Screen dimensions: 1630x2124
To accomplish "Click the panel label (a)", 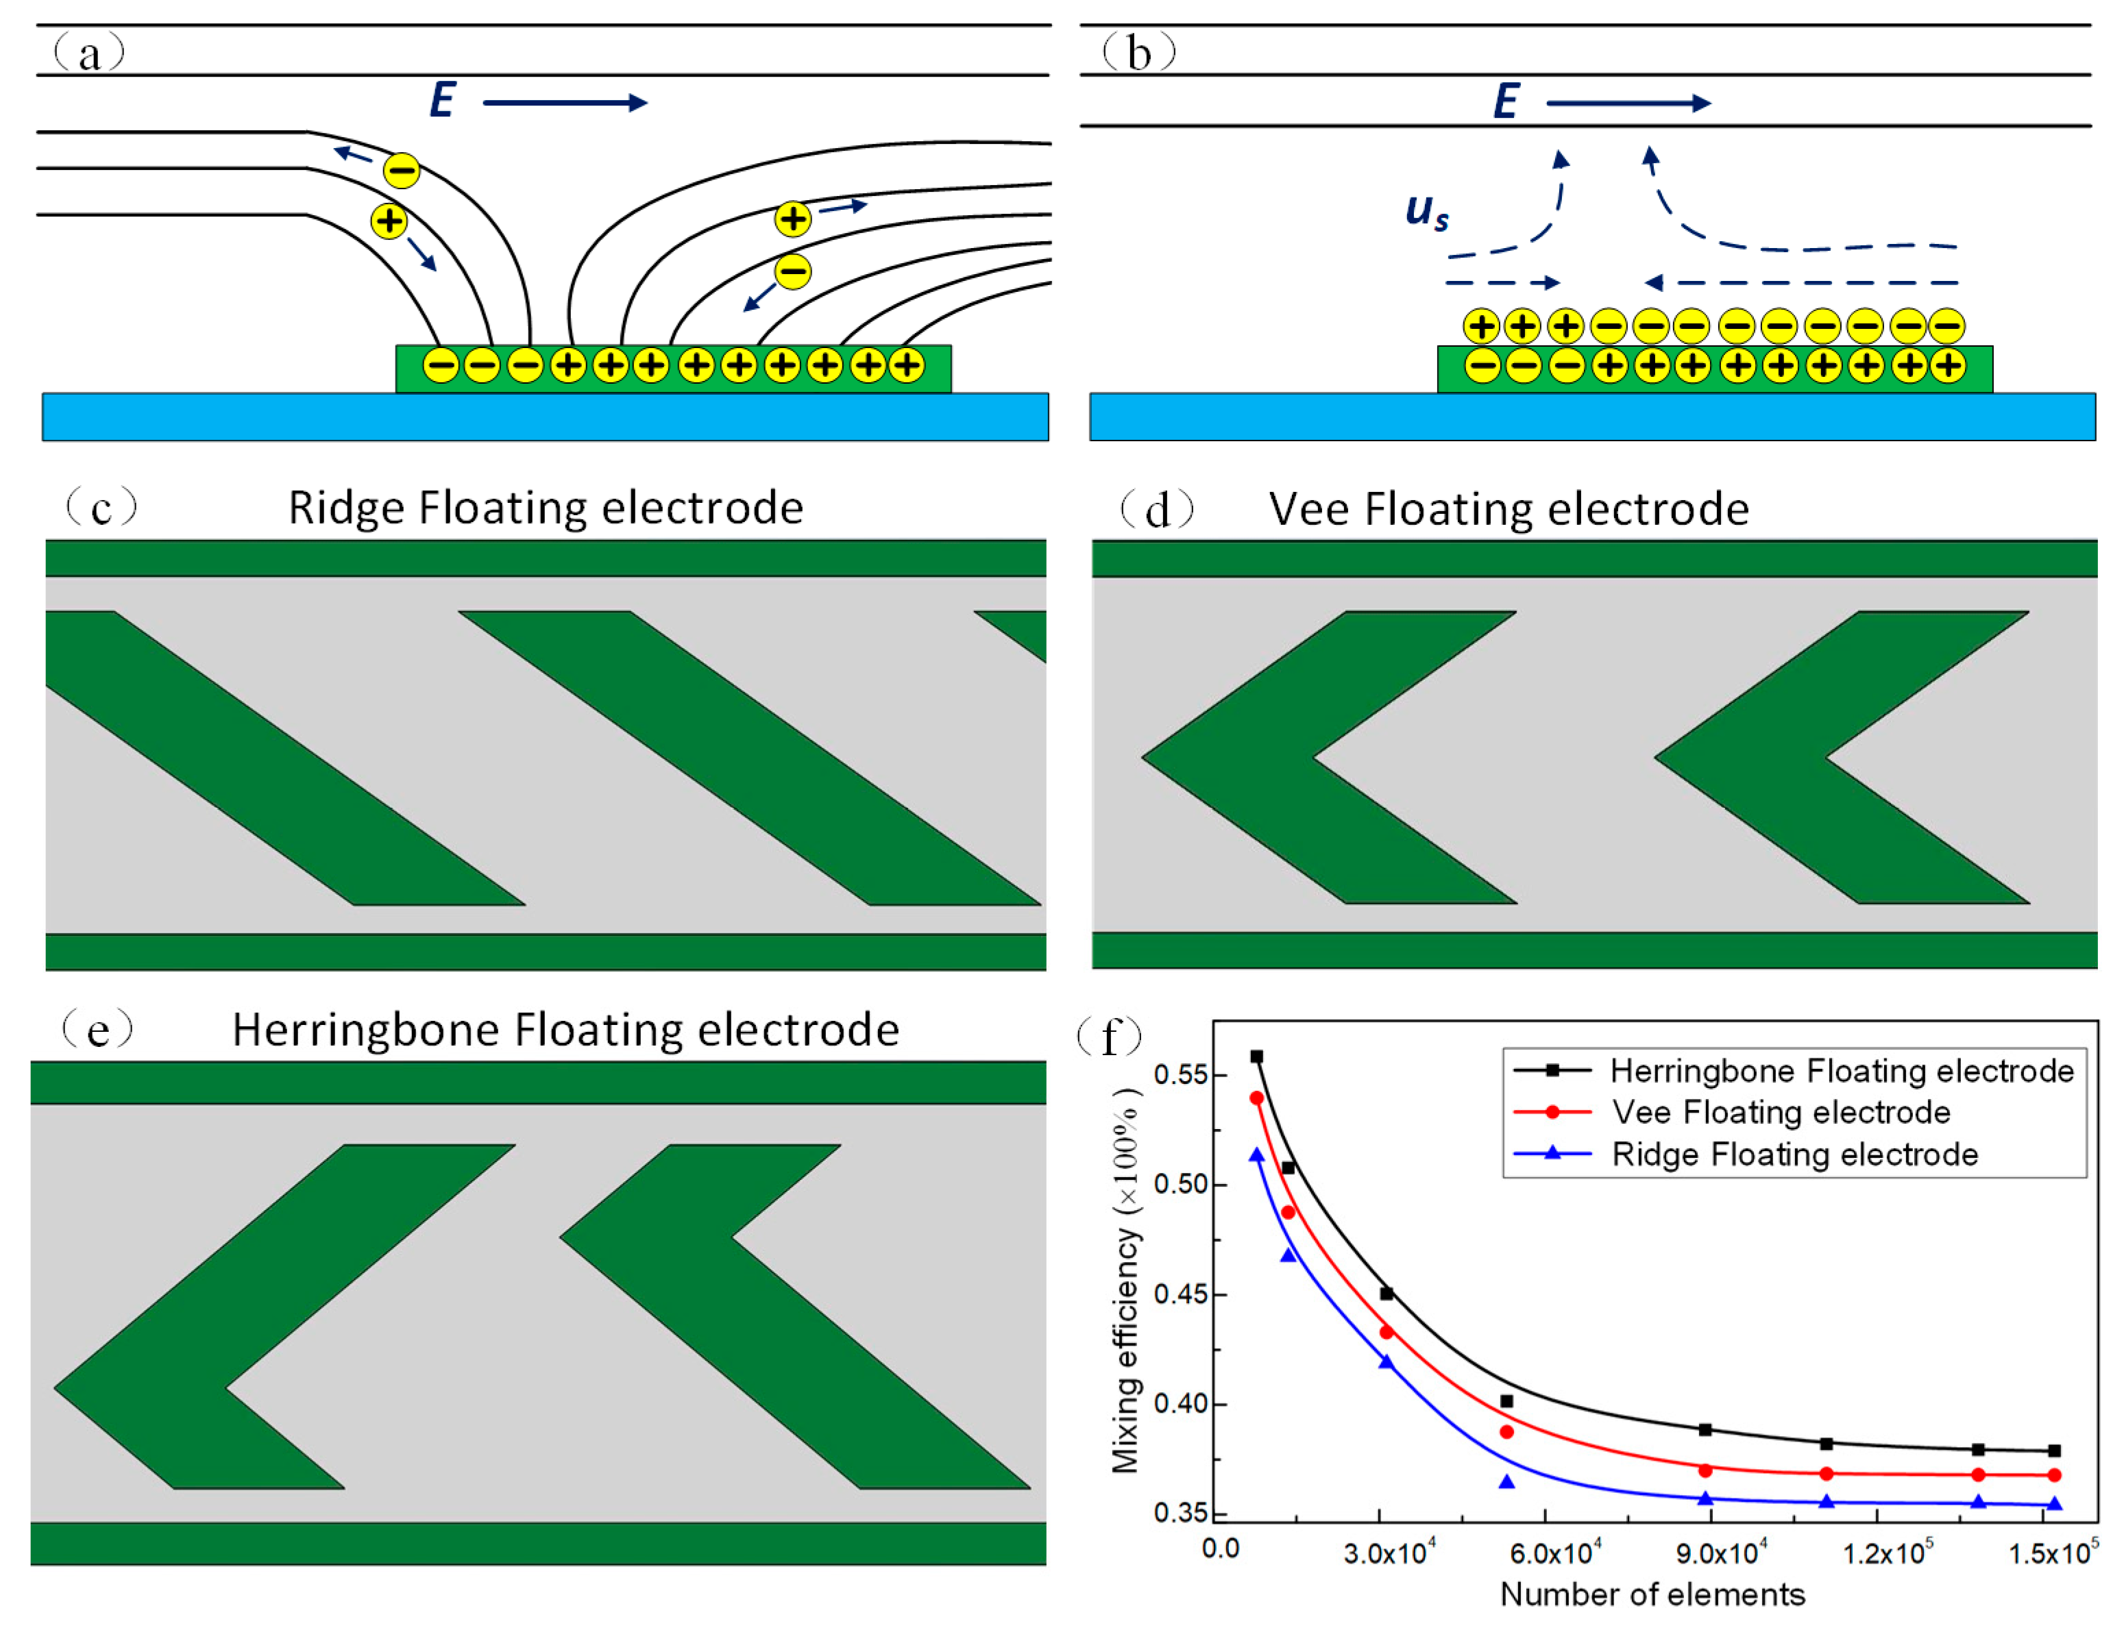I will pyautogui.click(x=89, y=52).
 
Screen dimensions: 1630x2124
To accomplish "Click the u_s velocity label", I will pyautogui.click(x=1426, y=212).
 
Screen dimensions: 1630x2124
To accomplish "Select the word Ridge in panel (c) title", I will pyautogui.click(x=346, y=508).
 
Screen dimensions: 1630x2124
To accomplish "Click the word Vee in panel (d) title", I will pyautogui.click(x=1309, y=509).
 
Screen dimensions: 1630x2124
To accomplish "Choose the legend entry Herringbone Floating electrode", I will pyautogui.click(x=1841, y=1070).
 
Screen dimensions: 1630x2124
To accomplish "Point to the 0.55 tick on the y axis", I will pyautogui.click(x=1179, y=1075).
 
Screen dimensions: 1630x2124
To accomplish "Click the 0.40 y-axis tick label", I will pyautogui.click(x=1179, y=1404).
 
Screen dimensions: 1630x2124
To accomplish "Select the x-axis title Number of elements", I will pyautogui.click(x=1652, y=1594).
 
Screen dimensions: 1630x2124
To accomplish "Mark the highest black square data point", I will pyautogui.click(x=1256, y=1057).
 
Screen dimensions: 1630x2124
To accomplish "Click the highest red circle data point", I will pyautogui.click(x=1256, y=1098).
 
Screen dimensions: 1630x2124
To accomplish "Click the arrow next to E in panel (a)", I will pyautogui.click(x=564, y=103).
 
